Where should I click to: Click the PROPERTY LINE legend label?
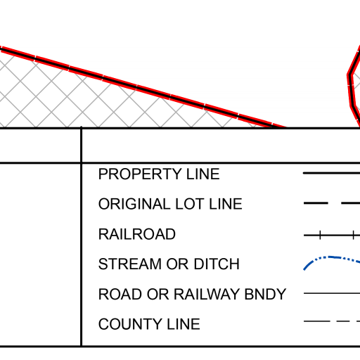click(159, 174)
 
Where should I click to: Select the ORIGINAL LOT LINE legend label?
click(170, 204)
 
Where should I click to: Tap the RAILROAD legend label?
click(137, 234)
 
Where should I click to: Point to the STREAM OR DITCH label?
click(169, 264)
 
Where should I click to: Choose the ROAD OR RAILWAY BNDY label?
click(192, 294)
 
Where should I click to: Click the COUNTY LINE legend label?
click(149, 324)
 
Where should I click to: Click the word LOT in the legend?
click(190, 204)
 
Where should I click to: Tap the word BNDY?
click(265, 294)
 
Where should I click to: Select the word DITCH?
click(217, 264)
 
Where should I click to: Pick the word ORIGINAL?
click(134, 204)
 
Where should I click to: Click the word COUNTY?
click(130, 324)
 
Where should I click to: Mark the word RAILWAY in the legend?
click(207, 294)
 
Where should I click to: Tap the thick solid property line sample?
click(332, 173)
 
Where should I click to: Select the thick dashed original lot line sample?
click(332, 203)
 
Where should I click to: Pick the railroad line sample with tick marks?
click(332, 235)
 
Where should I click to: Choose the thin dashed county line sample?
click(332, 321)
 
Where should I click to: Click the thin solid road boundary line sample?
click(332, 293)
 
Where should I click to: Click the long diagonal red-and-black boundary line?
click(143, 88)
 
